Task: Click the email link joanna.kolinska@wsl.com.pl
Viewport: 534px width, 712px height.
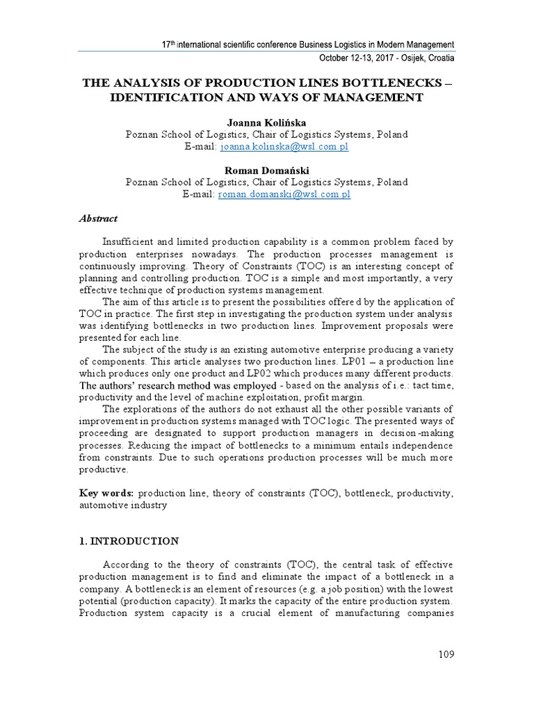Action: (284, 147)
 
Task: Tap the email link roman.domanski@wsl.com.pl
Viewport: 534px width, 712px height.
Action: (284, 195)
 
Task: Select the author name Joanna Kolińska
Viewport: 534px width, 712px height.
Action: (266, 122)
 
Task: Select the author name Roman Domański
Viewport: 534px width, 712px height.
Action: (266, 170)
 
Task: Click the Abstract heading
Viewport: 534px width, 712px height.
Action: (97, 218)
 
